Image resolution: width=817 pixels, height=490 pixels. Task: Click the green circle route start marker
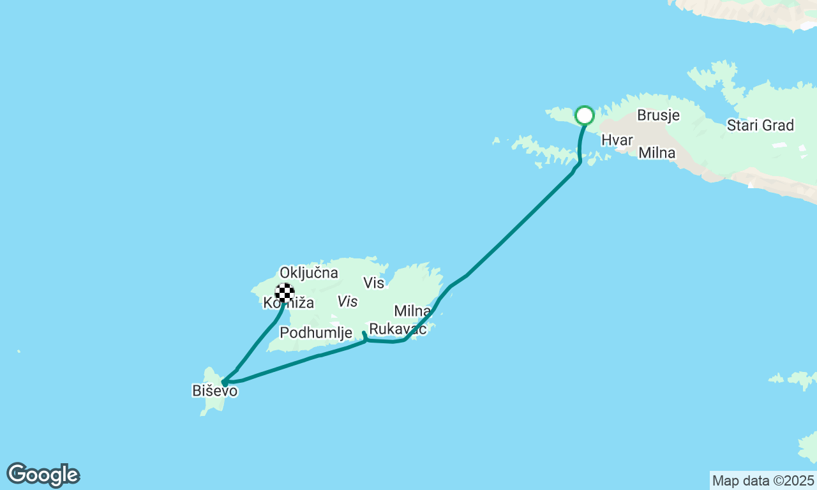pos(585,115)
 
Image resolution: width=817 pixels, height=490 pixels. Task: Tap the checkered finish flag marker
pos(285,293)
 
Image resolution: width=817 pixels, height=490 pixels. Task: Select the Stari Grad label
pos(760,125)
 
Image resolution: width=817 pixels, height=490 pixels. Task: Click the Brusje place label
pos(658,115)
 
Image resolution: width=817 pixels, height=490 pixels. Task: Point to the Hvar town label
pos(617,140)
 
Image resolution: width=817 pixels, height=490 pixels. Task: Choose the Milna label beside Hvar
pos(657,153)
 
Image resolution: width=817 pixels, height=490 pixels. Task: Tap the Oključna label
pos(308,273)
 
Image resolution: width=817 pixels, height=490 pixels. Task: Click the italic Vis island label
pos(348,301)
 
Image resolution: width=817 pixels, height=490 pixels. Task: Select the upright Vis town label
pos(374,283)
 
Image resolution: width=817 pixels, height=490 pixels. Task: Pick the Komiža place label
pos(289,303)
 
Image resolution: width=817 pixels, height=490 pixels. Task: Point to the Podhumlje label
pos(316,332)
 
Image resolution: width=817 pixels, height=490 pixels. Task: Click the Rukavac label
pos(398,329)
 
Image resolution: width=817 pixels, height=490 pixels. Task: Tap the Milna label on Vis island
pos(412,311)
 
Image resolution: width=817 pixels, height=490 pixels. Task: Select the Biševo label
pos(214,390)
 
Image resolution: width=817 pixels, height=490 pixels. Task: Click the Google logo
pos(43,475)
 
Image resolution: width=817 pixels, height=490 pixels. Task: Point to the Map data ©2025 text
pos(763,480)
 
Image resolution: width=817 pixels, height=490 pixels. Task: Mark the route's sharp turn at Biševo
pos(223,382)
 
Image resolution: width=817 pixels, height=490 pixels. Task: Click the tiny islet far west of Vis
pos(19,351)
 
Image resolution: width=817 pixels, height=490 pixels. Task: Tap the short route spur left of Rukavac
pos(364,336)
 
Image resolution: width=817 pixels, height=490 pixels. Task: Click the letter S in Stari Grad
pos(731,125)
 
